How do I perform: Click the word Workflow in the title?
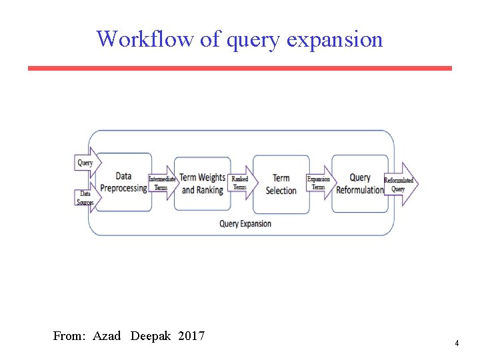click(x=145, y=39)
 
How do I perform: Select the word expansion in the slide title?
click(x=335, y=40)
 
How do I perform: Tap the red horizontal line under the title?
click(x=239, y=68)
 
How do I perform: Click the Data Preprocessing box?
click(x=123, y=182)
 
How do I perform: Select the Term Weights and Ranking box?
click(x=203, y=183)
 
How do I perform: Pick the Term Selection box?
click(x=281, y=184)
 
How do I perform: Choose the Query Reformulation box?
click(x=360, y=183)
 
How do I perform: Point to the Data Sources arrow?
click(x=85, y=198)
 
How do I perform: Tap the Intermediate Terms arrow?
click(x=162, y=183)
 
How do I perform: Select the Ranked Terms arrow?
click(x=241, y=183)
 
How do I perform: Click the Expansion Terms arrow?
click(x=319, y=183)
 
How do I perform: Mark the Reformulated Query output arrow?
click(x=399, y=184)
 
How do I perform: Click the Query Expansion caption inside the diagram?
click(x=245, y=224)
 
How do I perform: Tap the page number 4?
click(x=457, y=343)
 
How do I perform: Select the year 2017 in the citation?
click(x=191, y=336)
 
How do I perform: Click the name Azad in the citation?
click(x=107, y=336)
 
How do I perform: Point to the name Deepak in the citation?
click(x=150, y=336)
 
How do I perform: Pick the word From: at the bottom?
click(x=69, y=336)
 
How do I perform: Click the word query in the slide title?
click(x=254, y=40)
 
